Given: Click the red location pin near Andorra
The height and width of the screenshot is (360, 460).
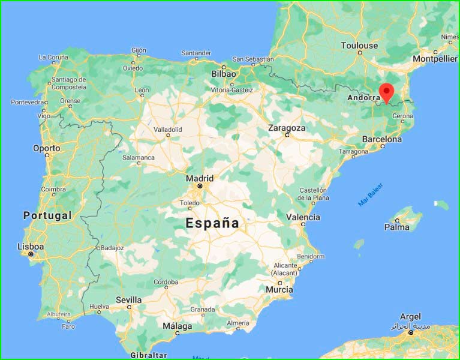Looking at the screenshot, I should click(387, 92).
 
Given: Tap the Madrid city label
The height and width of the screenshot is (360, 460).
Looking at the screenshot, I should click(200, 178).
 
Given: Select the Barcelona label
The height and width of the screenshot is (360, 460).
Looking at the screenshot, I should click(382, 139).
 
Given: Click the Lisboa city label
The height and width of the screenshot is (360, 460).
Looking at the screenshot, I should click(31, 246).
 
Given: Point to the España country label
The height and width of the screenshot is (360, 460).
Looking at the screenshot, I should click(212, 224).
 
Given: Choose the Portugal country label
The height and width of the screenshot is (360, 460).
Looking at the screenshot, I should click(47, 215).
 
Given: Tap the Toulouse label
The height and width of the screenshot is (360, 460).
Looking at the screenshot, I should click(359, 46).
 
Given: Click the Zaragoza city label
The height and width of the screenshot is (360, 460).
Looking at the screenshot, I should click(287, 128).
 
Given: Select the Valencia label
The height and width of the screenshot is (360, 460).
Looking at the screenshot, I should click(303, 217).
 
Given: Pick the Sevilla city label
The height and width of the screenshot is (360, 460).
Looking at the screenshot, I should click(129, 299).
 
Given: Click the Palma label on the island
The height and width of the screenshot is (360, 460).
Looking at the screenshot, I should click(397, 227).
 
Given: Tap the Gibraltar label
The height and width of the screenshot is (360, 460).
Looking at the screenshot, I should click(148, 355).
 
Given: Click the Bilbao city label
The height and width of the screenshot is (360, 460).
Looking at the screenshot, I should click(224, 74).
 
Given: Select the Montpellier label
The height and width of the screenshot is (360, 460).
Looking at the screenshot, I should click(435, 59).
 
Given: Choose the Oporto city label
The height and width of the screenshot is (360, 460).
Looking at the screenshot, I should click(46, 148).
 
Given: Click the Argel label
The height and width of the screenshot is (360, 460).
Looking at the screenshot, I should click(410, 316).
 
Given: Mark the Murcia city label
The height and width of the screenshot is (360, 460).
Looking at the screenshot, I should click(279, 290).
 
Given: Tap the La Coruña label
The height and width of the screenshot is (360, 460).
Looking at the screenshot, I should click(53, 58).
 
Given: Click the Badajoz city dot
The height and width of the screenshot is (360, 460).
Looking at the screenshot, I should click(98, 247).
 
